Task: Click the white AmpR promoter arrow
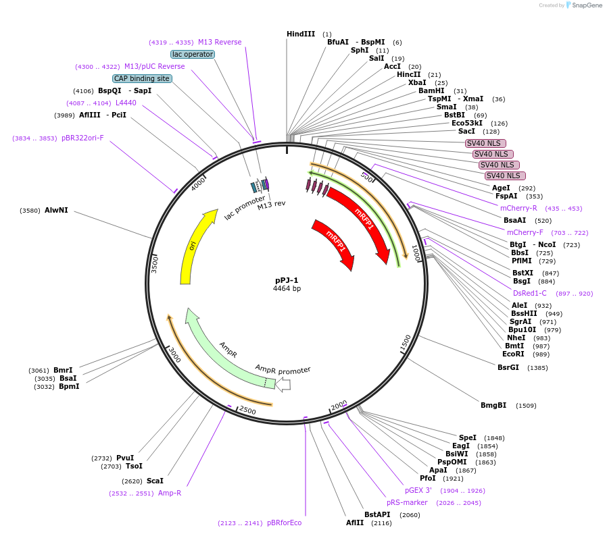pyautogui.click(x=283, y=385)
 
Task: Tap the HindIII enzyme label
pyautogui.click(x=301, y=34)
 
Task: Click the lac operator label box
pyautogui.click(x=193, y=54)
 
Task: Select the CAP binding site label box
pyautogui.click(x=142, y=78)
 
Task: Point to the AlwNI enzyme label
pyautogui.click(x=56, y=210)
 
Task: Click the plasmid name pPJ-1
pyautogui.click(x=287, y=280)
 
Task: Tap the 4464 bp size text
pyautogui.click(x=287, y=288)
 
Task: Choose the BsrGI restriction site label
pyautogui.click(x=508, y=367)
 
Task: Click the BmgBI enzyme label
pyautogui.click(x=493, y=405)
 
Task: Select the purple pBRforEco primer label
pyautogui.click(x=284, y=523)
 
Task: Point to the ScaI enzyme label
pyautogui.click(x=155, y=481)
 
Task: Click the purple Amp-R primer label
pyautogui.click(x=170, y=493)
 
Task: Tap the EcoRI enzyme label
pyautogui.click(x=513, y=354)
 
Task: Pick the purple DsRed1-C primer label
pyautogui.click(x=530, y=293)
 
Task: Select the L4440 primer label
pyautogui.click(x=126, y=103)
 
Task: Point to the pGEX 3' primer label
pyautogui.click(x=418, y=490)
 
